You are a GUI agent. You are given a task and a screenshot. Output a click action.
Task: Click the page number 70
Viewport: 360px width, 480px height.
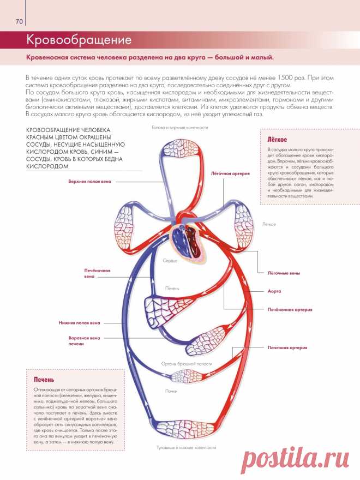point(19,22)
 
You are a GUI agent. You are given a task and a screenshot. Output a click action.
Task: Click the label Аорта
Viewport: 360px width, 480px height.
point(274,291)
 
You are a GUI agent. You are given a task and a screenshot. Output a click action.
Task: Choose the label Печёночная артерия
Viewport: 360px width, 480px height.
point(289,309)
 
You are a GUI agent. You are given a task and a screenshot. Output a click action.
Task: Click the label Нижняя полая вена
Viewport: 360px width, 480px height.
point(79,322)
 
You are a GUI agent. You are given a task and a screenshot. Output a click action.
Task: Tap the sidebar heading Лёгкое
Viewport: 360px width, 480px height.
point(278,139)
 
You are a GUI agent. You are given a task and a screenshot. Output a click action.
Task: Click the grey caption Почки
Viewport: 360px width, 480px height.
point(172,391)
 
